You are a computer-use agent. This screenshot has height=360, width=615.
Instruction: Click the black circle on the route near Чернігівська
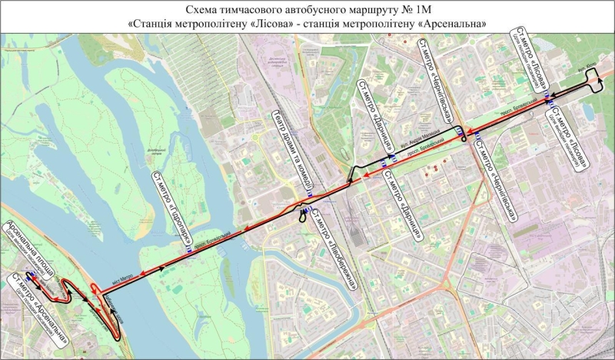click(463, 140)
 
